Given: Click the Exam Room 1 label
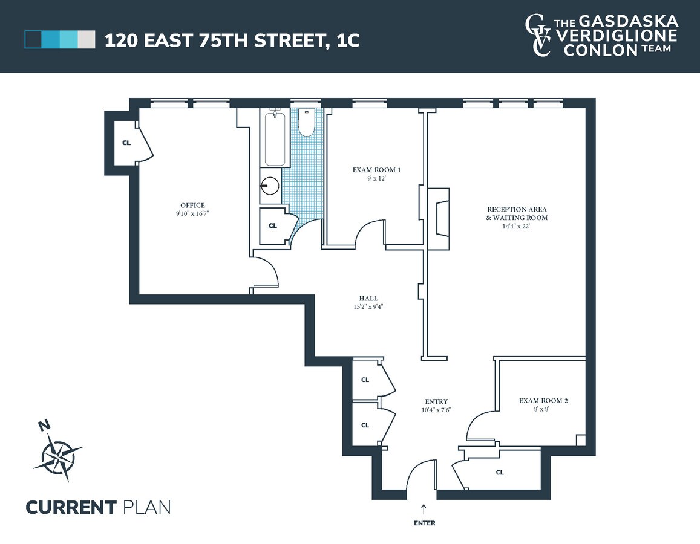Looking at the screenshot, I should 376,170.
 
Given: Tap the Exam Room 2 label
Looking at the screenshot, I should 543,400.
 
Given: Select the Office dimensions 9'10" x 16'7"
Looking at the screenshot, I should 192,213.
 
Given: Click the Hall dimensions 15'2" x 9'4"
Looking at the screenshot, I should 368,306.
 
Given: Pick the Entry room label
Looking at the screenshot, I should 436,401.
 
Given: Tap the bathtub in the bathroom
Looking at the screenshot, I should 275,138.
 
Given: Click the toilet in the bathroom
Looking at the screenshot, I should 307,123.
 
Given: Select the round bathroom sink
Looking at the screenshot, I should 270,186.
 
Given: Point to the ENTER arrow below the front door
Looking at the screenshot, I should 424,508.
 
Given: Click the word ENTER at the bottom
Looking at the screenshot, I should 424,523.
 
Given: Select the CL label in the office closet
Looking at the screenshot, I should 126,143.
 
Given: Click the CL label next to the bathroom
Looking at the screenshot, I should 272,225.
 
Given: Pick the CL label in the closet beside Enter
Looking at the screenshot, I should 499,472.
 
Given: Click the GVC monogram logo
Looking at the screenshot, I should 538,36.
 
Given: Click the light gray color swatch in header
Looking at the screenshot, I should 87,40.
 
